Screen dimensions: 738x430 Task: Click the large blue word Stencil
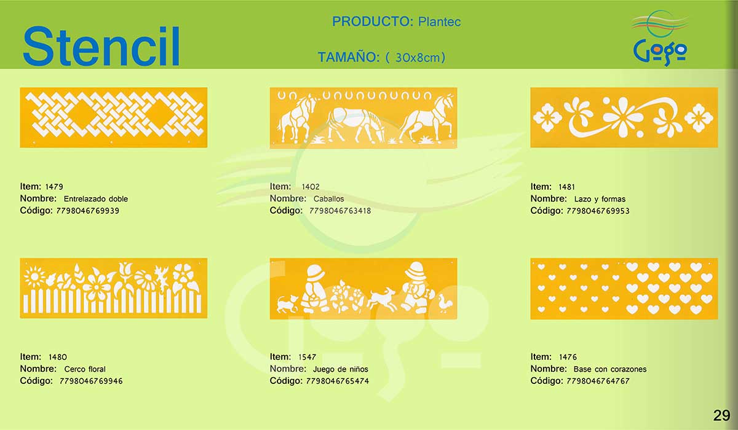101,46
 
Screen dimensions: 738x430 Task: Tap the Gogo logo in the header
660,38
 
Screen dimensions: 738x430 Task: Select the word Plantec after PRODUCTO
439,21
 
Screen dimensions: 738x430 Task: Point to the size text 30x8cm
418,58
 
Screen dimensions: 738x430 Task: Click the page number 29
721,415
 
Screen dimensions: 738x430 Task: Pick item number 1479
54,187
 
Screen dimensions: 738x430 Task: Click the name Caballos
328,198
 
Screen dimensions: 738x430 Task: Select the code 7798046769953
598,211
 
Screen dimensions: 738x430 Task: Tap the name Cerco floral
85,369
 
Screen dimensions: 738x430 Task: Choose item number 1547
307,357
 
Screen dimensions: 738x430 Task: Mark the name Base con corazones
610,369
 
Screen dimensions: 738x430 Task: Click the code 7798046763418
340,211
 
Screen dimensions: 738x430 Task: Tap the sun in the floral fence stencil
34,276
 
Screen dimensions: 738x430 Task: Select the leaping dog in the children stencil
382,299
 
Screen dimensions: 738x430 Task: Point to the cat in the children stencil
287,303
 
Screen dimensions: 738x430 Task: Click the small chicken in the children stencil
445,303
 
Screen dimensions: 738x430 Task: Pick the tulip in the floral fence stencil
125,272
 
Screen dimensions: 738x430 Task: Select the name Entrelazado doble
95,198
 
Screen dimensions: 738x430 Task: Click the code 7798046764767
598,381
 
